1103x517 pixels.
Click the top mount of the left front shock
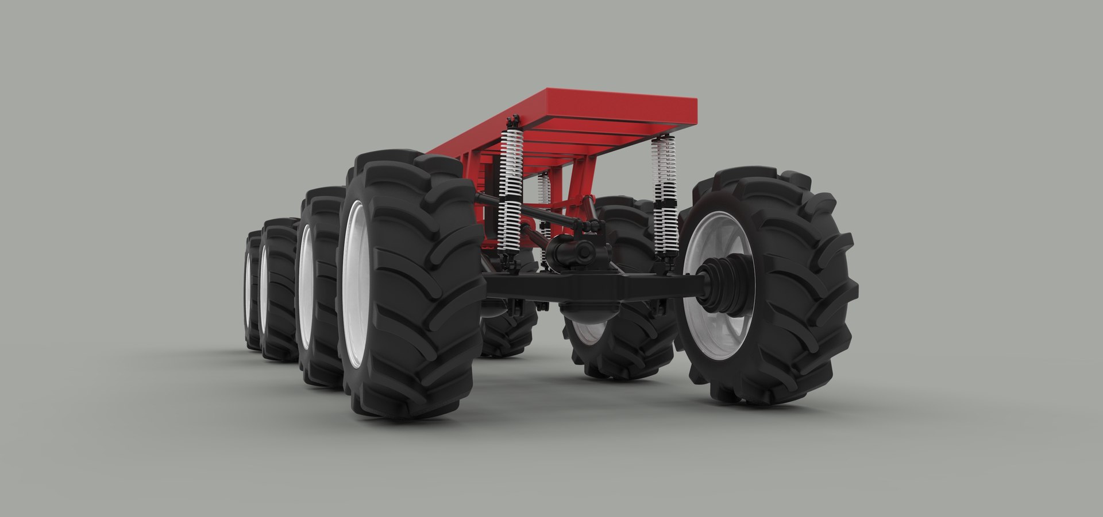click(x=512, y=122)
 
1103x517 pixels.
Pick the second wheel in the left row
click(x=319, y=287)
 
